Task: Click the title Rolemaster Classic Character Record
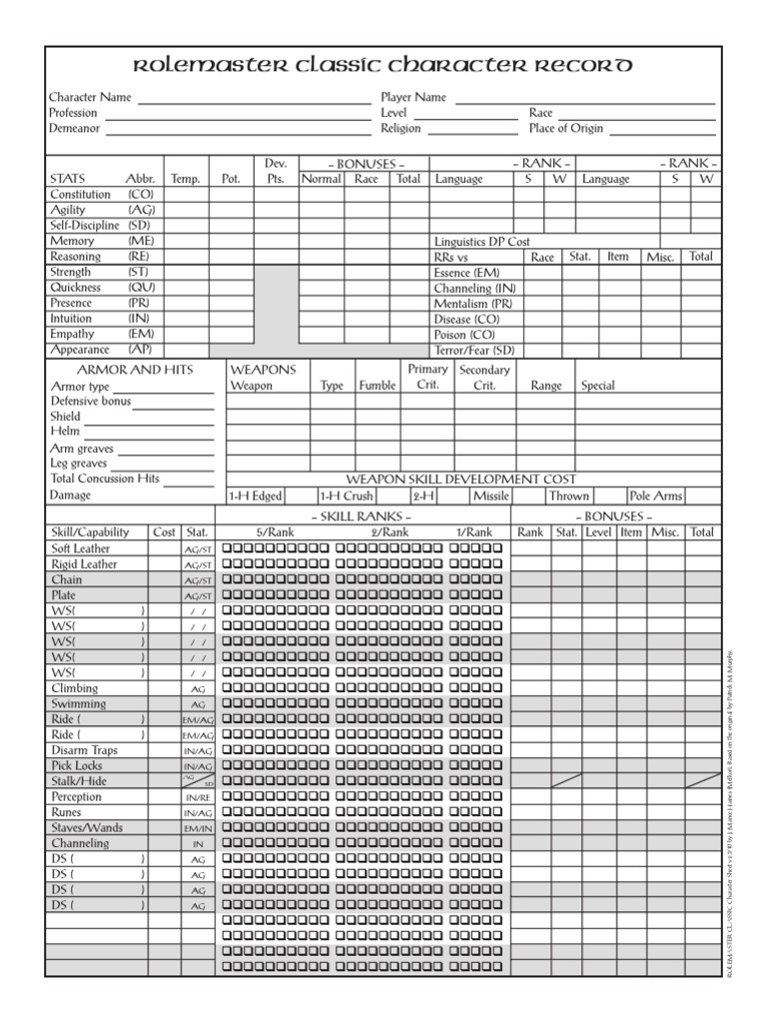[383, 66]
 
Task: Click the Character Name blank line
[254, 101]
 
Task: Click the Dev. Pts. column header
[276, 171]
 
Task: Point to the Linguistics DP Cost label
[481, 242]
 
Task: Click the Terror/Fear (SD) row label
[473, 351]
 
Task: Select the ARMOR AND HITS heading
[122, 370]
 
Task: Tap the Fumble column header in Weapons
[377, 386]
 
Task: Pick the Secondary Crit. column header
[483, 378]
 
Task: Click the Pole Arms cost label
[655, 496]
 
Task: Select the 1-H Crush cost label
[346, 496]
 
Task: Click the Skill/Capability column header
[95, 532]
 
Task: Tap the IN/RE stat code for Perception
[198, 797]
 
